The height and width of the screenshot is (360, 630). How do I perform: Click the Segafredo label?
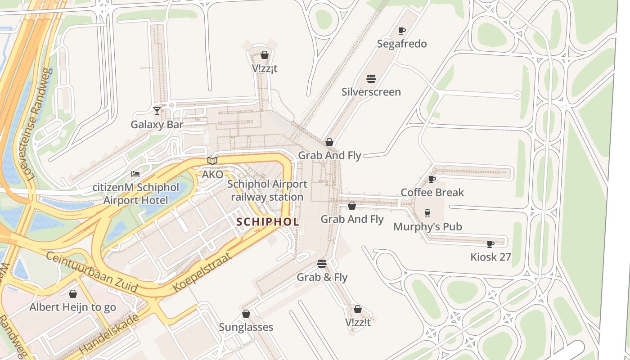click(402, 44)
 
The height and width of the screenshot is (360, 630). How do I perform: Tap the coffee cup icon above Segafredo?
click(402, 31)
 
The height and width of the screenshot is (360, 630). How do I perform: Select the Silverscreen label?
click(371, 92)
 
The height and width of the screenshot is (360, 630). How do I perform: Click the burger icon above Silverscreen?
click(371, 79)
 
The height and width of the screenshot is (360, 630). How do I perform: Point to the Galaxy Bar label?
click(157, 124)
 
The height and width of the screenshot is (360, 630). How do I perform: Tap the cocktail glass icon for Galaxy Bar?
click(157, 111)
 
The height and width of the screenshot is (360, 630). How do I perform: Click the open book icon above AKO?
click(212, 161)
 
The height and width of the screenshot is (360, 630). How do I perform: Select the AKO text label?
click(212, 174)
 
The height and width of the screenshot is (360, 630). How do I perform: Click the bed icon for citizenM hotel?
click(135, 174)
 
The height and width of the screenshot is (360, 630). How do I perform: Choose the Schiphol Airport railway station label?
click(267, 190)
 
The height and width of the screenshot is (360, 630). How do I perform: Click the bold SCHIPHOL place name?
click(268, 222)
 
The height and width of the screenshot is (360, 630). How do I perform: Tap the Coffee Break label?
click(432, 193)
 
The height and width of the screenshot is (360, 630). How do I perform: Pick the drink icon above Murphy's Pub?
click(427, 213)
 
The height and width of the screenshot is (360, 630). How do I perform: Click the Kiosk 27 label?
click(490, 257)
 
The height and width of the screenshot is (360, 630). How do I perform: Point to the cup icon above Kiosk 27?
click(490, 244)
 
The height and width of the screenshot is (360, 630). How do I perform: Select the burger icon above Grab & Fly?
click(321, 264)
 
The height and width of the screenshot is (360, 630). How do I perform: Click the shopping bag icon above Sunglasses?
click(246, 314)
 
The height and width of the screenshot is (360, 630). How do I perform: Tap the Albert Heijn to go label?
click(73, 307)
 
